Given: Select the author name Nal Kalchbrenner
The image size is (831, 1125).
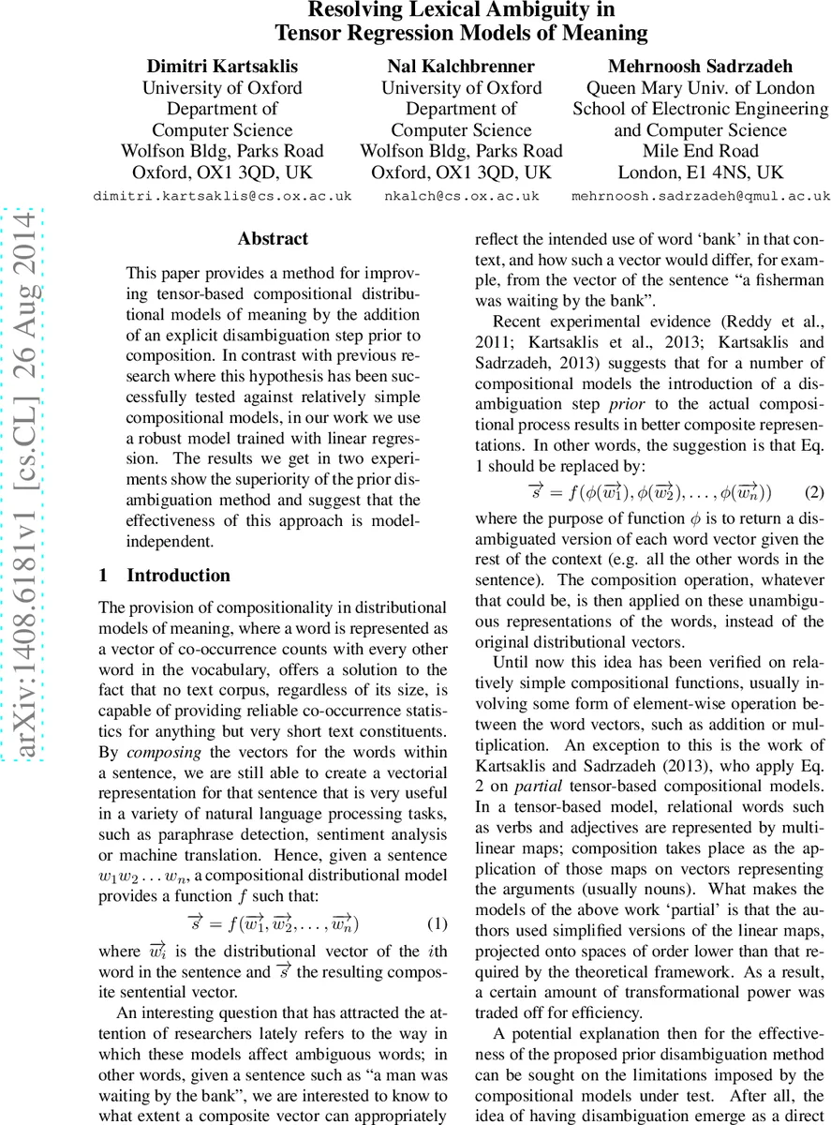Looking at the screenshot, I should point(461,66).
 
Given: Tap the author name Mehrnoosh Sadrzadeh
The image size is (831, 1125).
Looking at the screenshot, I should point(700,66).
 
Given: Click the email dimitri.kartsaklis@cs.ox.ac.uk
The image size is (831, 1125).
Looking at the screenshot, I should point(222,196).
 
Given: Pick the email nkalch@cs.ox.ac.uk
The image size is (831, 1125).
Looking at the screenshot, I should point(461,196).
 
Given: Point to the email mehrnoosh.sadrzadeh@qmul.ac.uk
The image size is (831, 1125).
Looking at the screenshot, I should point(701,196).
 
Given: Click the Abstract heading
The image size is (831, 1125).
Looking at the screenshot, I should point(273,239).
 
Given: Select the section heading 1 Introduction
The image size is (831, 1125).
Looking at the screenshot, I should point(165,576).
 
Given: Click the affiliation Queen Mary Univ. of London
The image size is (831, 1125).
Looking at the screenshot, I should point(700,88).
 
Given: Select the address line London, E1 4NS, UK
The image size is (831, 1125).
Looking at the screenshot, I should point(700,172).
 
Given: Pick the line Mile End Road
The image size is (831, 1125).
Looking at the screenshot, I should point(700,151).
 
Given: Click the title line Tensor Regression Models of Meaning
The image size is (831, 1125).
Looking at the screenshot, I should point(461,34).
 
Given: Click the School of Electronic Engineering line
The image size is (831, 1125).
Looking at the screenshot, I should point(700,109).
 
